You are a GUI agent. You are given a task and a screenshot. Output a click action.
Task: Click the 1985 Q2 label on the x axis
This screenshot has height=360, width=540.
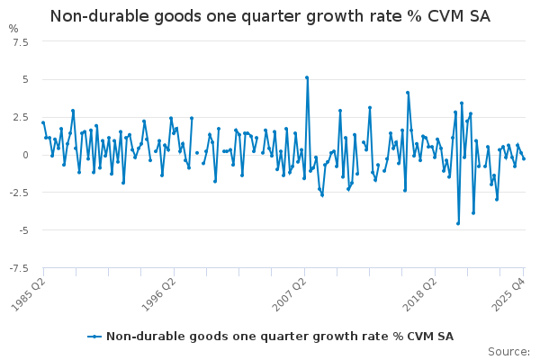29,292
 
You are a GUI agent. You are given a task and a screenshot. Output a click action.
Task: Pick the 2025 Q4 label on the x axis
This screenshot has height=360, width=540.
508,292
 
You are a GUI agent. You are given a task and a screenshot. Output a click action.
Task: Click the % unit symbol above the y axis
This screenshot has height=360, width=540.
13,29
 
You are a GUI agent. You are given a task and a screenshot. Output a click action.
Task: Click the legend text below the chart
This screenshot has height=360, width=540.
279,337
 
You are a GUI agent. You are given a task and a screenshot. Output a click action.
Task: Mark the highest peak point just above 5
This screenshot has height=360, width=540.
307,77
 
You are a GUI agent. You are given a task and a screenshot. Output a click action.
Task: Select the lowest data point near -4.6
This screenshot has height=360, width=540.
458,223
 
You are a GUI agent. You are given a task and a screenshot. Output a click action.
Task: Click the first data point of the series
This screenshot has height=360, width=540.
42,122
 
